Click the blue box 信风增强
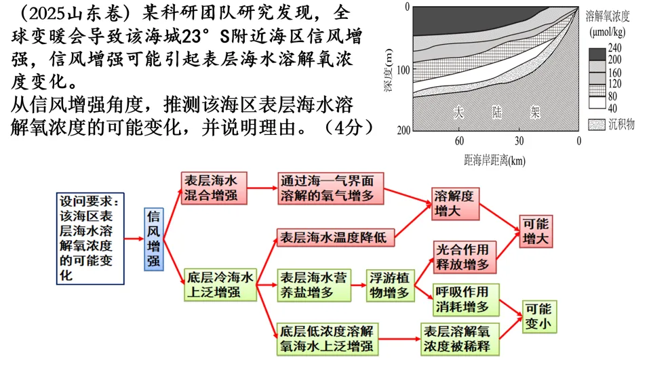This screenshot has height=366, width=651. click(x=155, y=239)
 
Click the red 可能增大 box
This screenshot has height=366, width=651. click(x=538, y=231)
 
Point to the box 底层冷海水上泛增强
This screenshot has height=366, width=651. click(x=219, y=285)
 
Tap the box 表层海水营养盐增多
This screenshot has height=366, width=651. click(x=314, y=285)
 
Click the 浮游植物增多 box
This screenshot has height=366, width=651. click(x=390, y=285)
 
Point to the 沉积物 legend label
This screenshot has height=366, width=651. click(x=620, y=124)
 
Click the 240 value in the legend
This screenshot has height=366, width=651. click(x=614, y=47)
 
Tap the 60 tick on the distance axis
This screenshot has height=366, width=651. click(x=459, y=141)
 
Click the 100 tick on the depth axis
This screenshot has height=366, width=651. click(x=403, y=69)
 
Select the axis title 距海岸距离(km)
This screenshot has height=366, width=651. click(x=494, y=160)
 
